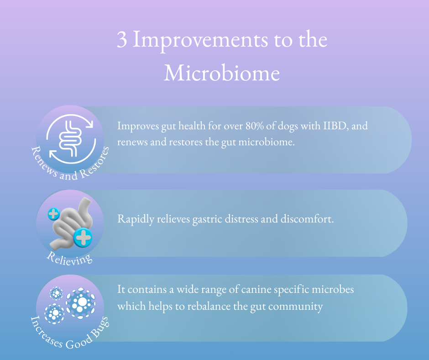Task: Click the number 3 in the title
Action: point(122,39)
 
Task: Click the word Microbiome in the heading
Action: point(222,73)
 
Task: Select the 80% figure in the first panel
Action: point(255,126)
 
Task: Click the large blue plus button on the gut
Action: point(83,237)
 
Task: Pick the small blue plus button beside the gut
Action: point(54,214)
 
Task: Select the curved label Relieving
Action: point(69,259)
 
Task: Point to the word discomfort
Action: point(307,219)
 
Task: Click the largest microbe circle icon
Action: point(81,303)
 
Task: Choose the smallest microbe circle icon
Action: point(56,293)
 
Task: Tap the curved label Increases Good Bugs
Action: point(70,334)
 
